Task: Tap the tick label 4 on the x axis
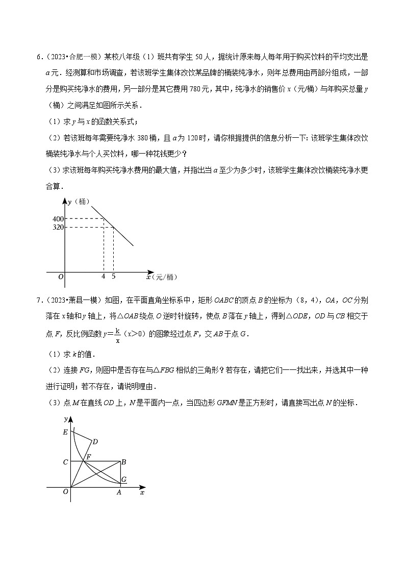click(x=104, y=276)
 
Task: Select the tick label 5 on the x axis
click(x=113, y=276)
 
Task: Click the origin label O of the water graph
click(x=60, y=277)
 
